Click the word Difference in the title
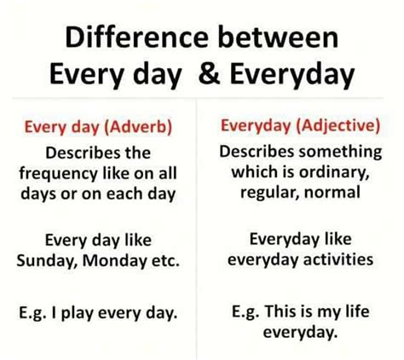pyautogui.click(x=137, y=38)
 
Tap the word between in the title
pyautogui.click(x=278, y=38)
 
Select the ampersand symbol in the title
pyautogui.click(x=210, y=73)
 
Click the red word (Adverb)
pyautogui.click(x=138, y=127)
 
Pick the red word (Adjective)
pyautogui.click(x=338, y=125)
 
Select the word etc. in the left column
pyautogui.click(x=165, y=260)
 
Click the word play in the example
pyautogui.click(x=78, y=313)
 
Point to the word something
pyautogui.click(x=340, y=152)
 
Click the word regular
pyautogui.click(x=270, y=193)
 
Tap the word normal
pyautogui.click(x=332, y=192)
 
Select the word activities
pyautogui.click(x=338, y=259)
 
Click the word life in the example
pyautogui.click(x=357, y=311)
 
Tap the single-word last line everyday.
pyautogui.click(x=301, y=332)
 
